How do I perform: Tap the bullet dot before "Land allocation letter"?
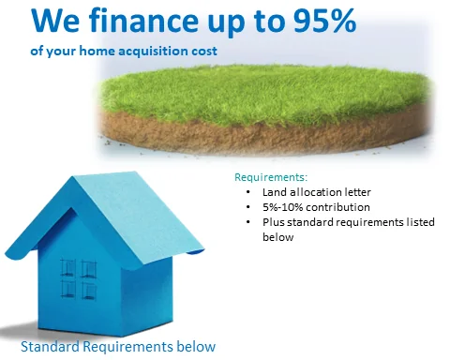(x=246, y=191)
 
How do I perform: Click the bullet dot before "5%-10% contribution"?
(x=246, y=207)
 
